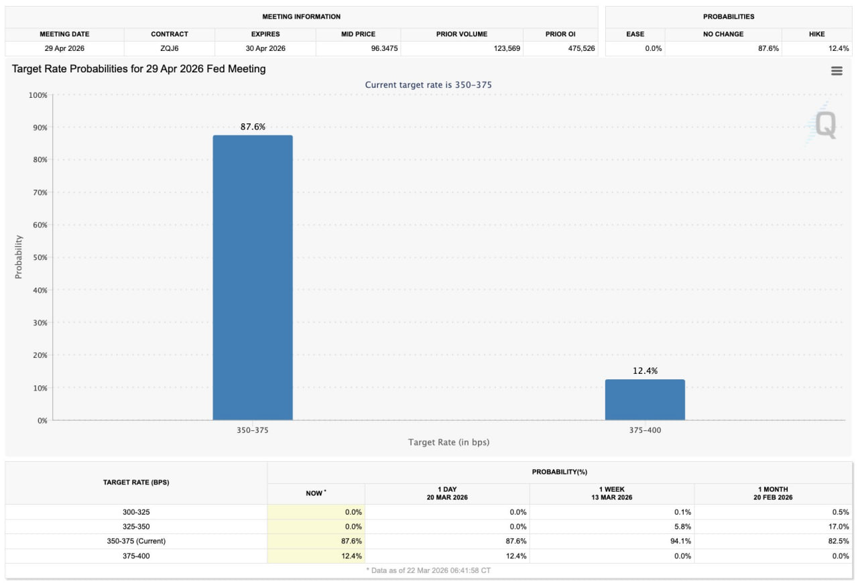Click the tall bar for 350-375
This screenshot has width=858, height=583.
click(253, 277)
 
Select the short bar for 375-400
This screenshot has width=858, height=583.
click(645, 400)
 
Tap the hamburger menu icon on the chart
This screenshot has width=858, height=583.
click(837, 71)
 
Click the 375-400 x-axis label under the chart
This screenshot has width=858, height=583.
click(645, 430)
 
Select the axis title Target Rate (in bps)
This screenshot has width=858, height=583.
click(449, 442)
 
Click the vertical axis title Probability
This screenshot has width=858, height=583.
click(19, 257)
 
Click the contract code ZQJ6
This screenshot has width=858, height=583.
click(170, 48)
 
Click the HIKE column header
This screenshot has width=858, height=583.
click(816, 34)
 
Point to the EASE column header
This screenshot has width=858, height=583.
click(635, 34)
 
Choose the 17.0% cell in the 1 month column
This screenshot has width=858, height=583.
click(839, 527)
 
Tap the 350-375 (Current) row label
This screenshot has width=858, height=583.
click(136, 541)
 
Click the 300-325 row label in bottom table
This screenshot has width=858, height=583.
click(136, 512)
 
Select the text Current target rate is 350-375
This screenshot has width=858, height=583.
click(429, 85)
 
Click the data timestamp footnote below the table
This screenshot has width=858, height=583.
click(429, 570)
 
